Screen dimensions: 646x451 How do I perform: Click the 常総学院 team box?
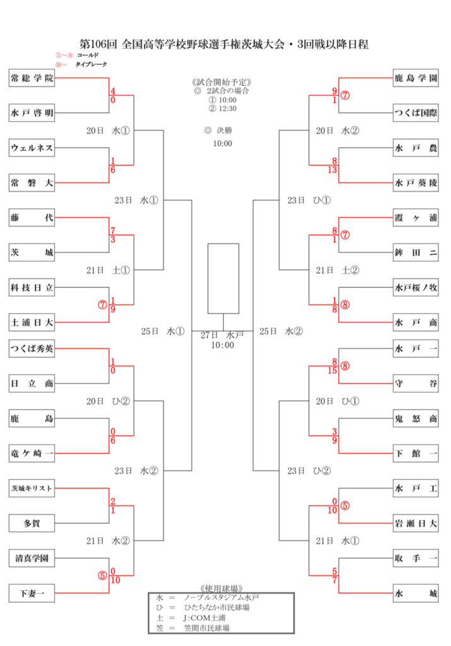32,78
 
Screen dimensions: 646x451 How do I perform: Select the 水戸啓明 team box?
32,114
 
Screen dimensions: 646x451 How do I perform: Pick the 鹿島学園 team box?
416,79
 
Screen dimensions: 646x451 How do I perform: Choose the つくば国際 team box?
416,114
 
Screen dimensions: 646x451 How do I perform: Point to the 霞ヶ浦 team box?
416,218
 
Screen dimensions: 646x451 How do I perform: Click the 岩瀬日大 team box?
416,523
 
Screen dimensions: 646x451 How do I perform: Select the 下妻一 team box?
32,593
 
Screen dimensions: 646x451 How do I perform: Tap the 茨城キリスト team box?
32,488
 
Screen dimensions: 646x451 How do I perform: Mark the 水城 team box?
416,593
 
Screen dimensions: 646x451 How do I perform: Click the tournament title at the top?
225,44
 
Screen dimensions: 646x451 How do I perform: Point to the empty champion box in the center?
223,278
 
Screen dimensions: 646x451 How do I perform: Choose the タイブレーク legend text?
91,64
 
